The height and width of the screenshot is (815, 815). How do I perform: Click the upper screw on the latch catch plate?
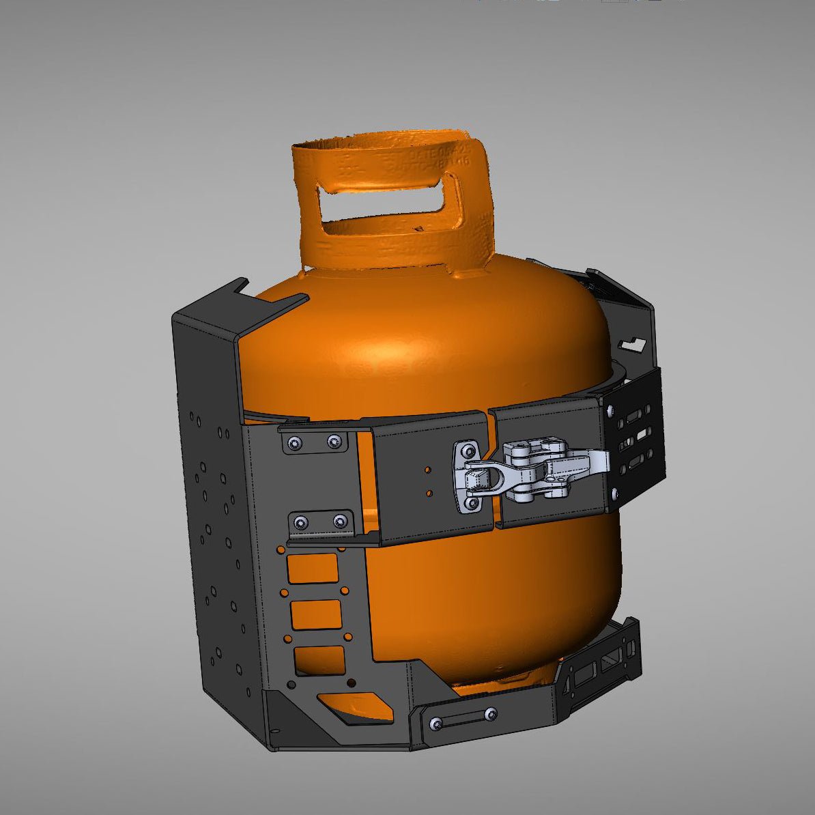tap(468, 452)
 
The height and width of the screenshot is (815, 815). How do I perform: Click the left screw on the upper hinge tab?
tap(294, 443)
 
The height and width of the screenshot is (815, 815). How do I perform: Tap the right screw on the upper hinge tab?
tap(333, 442)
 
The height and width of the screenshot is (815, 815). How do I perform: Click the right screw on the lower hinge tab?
tap(339, 522)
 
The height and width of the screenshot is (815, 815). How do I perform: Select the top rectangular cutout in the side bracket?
tap(313, 568)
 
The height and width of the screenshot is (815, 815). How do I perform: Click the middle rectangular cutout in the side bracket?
tap(316, 614)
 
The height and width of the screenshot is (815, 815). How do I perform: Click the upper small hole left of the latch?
tap(427, 470)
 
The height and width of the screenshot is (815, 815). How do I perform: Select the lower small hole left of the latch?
tap(429, 493)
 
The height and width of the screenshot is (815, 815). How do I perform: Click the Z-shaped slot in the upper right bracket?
tap(633, 342)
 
